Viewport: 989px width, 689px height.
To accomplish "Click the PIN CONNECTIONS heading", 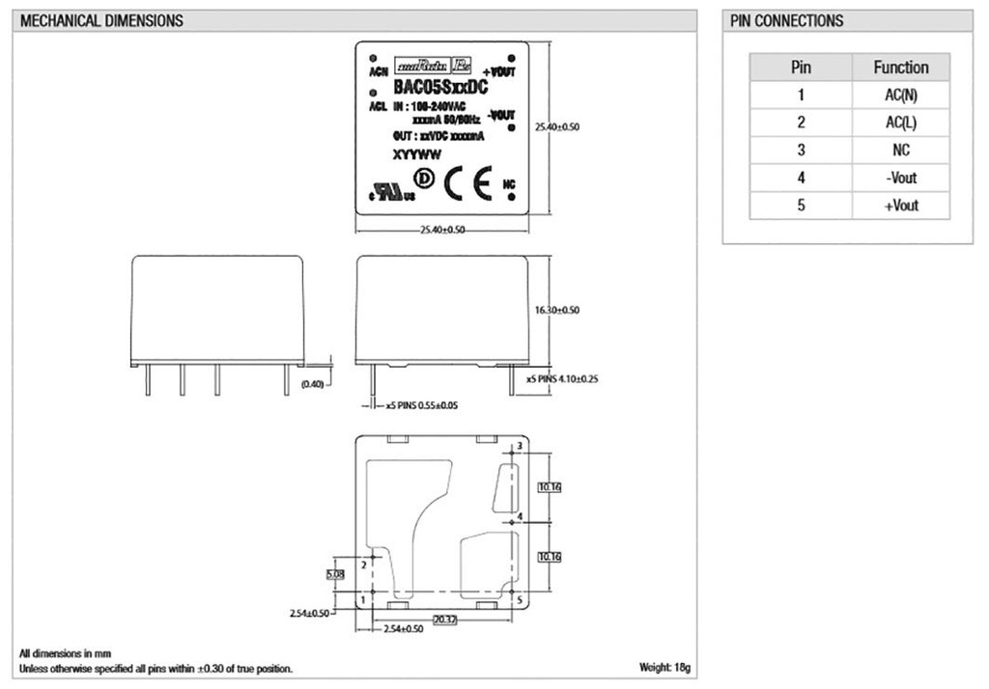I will pyautogui.click(x=786, y=20).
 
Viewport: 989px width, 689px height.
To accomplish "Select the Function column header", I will pyautogui.click(x=900, y=68).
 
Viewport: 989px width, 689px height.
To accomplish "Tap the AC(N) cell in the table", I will pyautogui.click(x=900, y=95).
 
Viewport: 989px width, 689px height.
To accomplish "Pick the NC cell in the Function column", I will pyautogui.click(x=900, y=151).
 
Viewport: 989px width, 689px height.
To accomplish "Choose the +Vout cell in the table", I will pyautogui.click(x=900, y=206).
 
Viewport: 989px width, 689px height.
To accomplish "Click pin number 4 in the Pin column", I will pyautogui.click(x=801, y=178).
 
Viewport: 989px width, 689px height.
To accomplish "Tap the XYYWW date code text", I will pyautogui.click(x=410, y=153).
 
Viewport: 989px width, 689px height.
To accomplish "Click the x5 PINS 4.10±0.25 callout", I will pyautogui.click(x=563, y=379).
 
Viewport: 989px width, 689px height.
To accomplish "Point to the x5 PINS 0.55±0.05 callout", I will pyautogui.click(x=422, y=405).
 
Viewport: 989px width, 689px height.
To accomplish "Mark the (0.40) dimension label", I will pyautogui.click(x=314, y=383).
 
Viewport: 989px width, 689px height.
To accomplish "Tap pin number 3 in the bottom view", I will pyautogui.click(x=520, y=446).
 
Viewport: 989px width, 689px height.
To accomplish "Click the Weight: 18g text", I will pyautogui.click(x=664, y=668).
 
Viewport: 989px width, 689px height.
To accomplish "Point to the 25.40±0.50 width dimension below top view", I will pyautogui.click(x=441, y=230).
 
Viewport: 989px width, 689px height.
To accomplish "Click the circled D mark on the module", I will pyautogui.click(x=423, y=178).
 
